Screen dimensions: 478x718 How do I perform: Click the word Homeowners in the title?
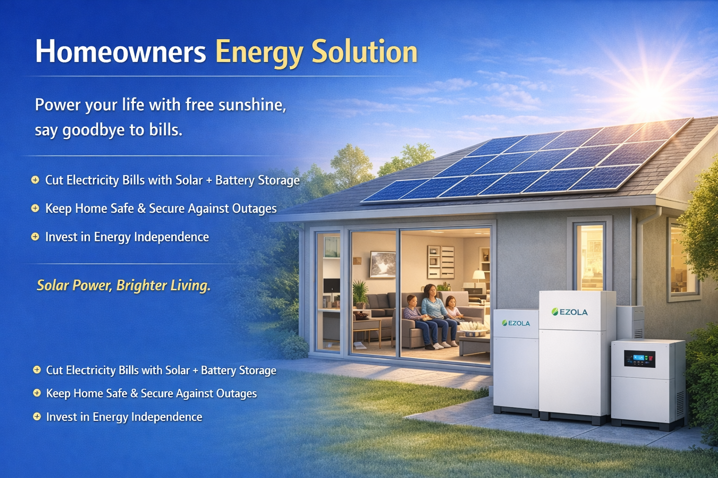click(x=120, y=51)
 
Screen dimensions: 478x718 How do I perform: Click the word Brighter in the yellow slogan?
click(x=141, y=285)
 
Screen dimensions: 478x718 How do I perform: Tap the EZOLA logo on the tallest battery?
click(x=569, y=312)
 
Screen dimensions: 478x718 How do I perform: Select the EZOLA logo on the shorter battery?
click(x=516, y=323)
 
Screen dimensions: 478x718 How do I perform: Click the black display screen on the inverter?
click(x=639, y=359)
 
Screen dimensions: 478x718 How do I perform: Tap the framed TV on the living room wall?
click(x=382, y=264)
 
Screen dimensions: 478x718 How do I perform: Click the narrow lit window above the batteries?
click(x=589, y=257)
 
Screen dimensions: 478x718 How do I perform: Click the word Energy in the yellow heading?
click(x=259, y=52)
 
